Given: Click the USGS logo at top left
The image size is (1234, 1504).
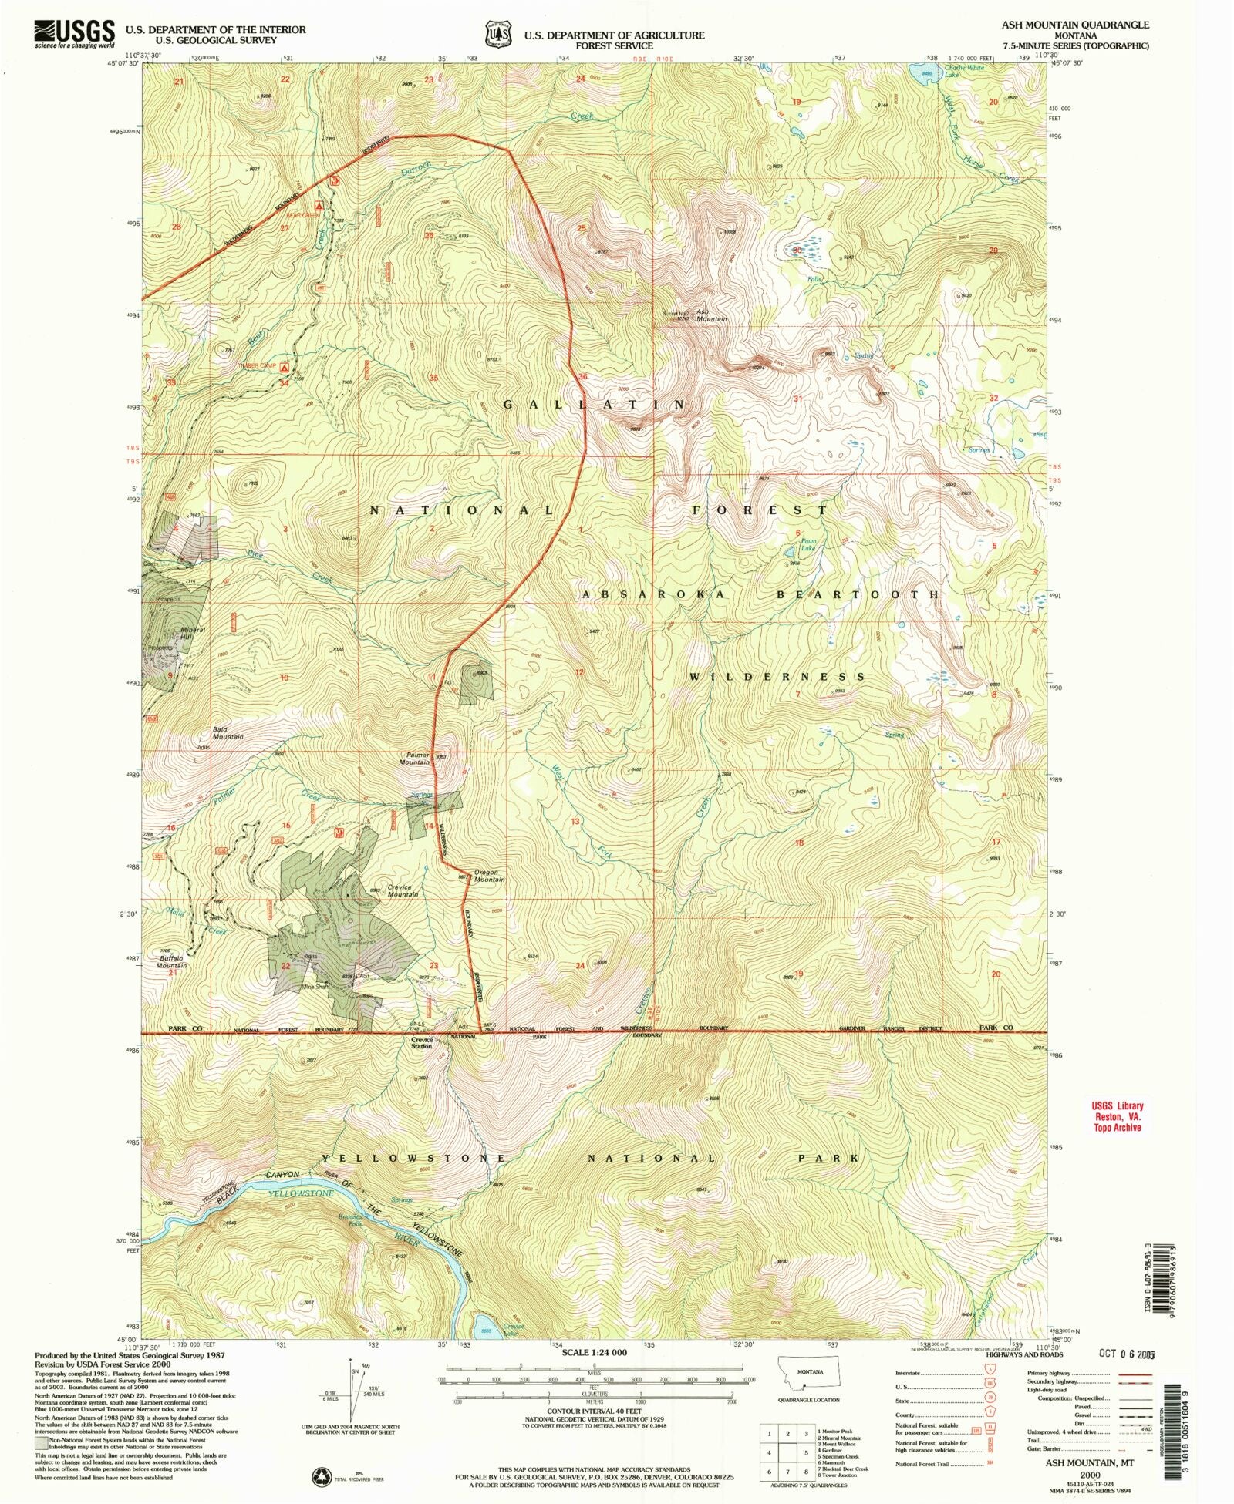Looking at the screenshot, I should tap(74, 34).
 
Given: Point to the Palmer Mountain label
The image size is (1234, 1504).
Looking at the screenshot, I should tap(414, 759).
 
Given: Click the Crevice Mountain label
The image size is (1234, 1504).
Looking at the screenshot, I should tap(403, 890).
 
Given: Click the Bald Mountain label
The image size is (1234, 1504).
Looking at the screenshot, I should tap(228, 732).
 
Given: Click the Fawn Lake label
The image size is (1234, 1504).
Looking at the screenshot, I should tap(807, 544).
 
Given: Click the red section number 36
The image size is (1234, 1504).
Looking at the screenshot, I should tap(583, 377).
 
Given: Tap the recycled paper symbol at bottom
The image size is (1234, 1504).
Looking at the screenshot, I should tap(321, 1476).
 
